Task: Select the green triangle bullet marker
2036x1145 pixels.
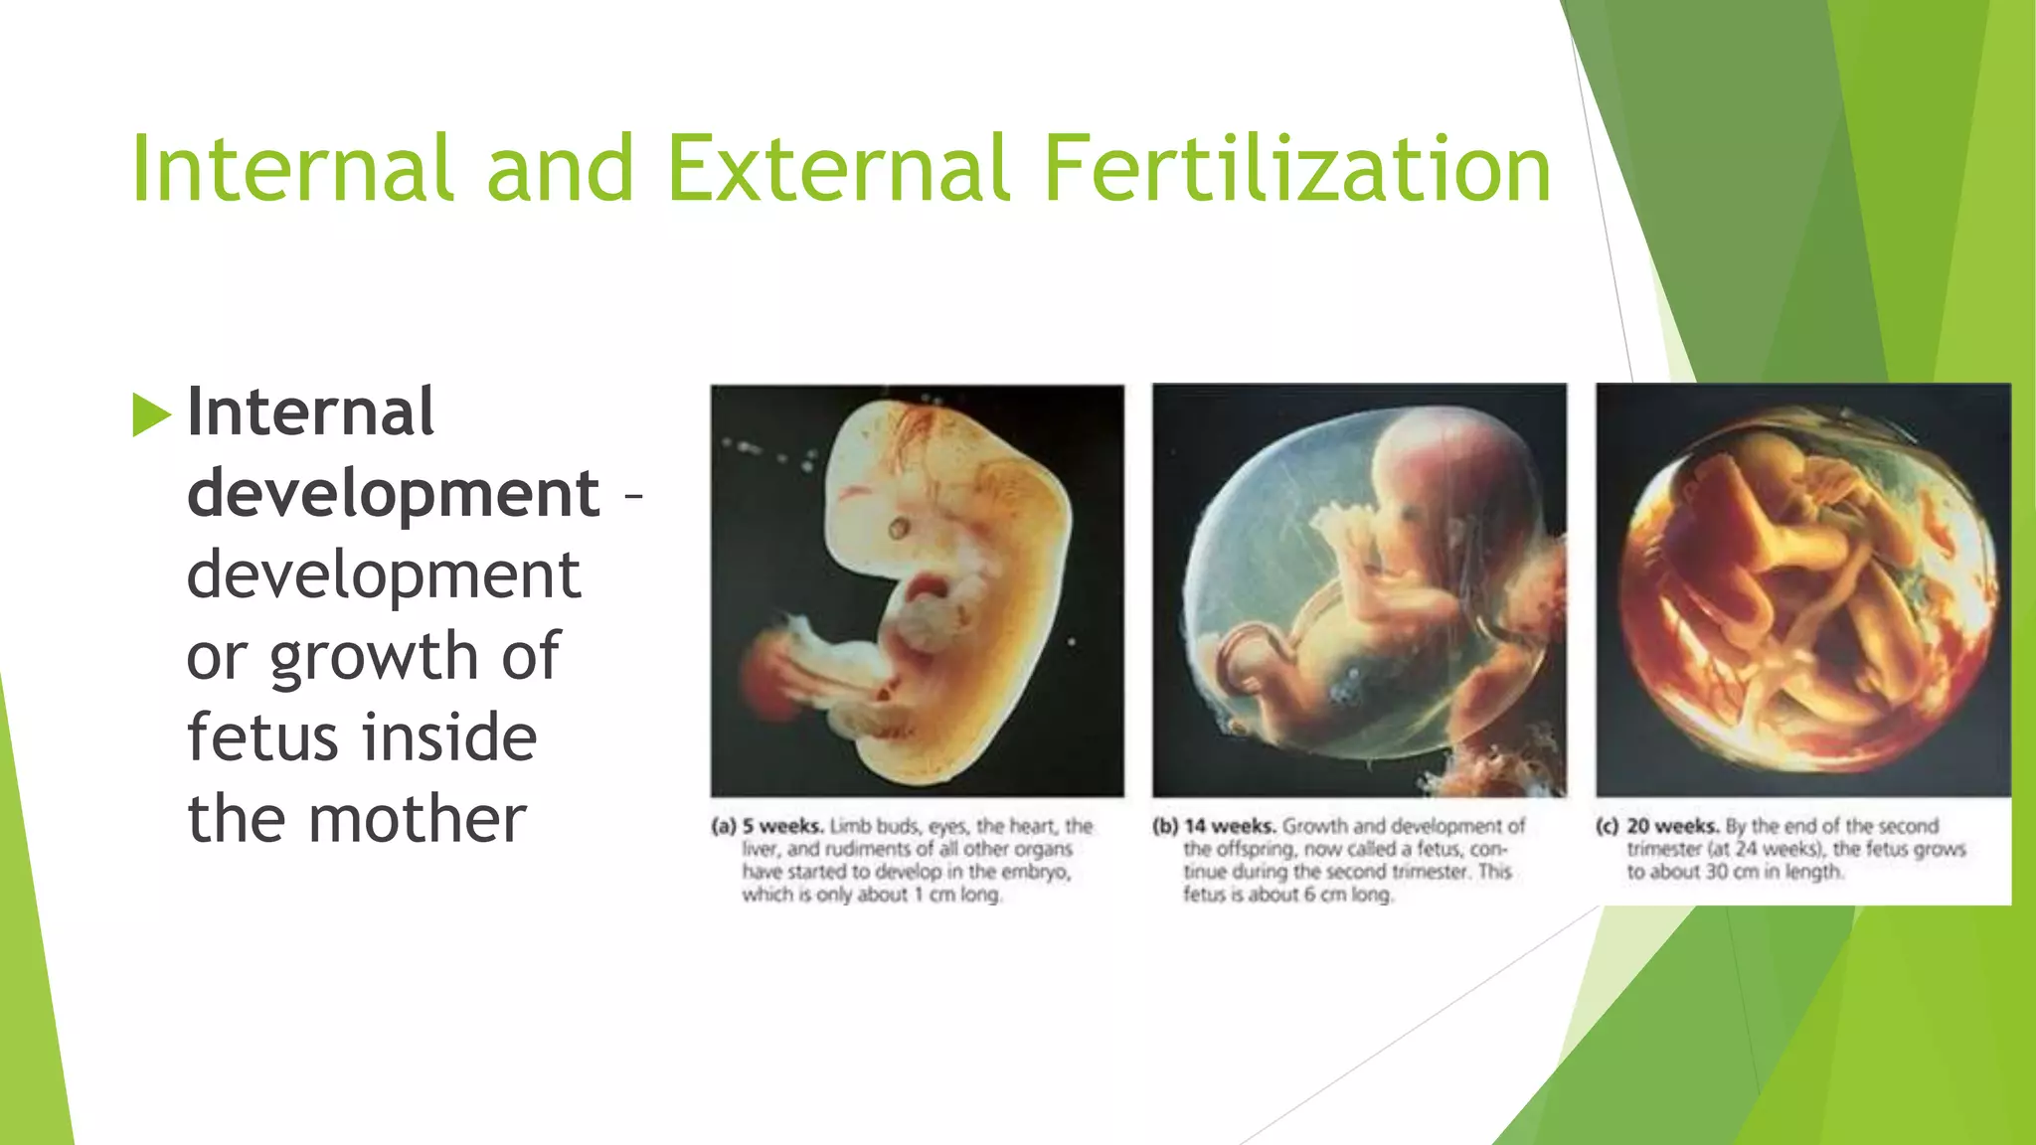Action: pos(151,414)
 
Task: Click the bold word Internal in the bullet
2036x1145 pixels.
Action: pos(310,411)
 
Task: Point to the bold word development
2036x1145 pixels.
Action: pos(393,494)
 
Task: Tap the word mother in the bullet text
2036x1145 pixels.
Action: pos(417,820)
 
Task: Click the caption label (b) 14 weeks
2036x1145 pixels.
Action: pos(1213,826)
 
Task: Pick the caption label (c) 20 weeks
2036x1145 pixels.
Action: pos(1657,826)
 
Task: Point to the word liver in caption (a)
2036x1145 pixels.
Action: pos(761,849)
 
